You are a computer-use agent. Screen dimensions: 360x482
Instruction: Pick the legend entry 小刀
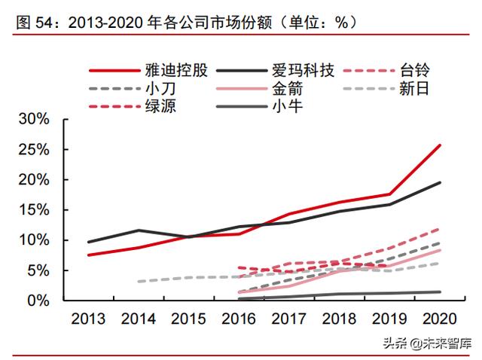click(154, 90)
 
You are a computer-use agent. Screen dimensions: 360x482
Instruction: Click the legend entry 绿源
click(154, 106)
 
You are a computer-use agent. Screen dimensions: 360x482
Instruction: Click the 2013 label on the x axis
click(88, 319)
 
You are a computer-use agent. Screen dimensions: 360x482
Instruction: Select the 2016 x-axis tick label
click(239, 319)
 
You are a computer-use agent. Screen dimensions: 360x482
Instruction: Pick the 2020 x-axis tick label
click(440, 319)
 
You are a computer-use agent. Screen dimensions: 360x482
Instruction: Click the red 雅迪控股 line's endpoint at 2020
click(441, 145)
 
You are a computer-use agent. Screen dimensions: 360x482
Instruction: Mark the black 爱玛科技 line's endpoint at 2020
click(441, 182)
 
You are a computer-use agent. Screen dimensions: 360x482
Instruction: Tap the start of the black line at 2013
click(88, 242)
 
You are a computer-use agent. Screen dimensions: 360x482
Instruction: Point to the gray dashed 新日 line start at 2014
click(139, 281)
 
